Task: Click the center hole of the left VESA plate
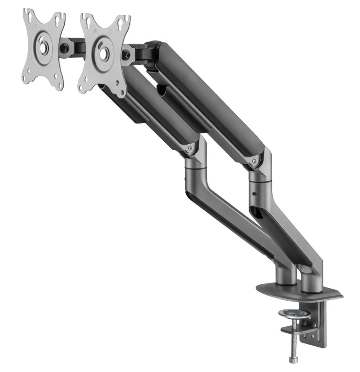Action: pyautogui.click(x=43, y=48)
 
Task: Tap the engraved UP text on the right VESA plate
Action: pyautogui.click(x=95, y=31)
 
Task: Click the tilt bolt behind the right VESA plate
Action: pyautogui.click(x=126, y=53)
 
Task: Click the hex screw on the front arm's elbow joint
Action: pyautogui.click(x=190, y=148)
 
